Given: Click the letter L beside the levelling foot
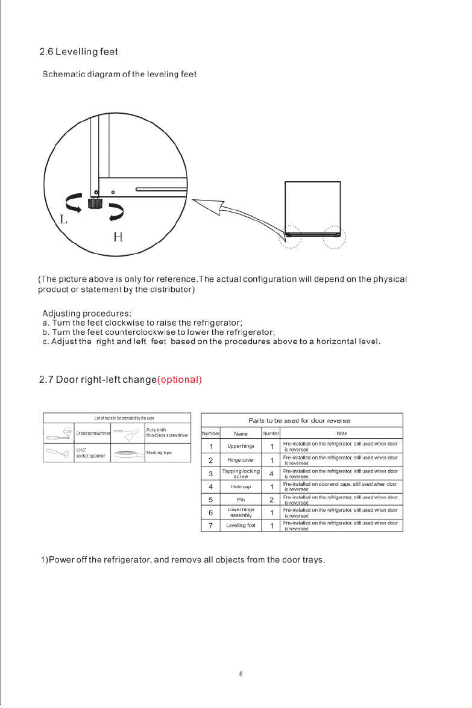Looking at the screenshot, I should pos(63,220).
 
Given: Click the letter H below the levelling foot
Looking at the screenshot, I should pos(119,237).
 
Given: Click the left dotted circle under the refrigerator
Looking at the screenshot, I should pos(289,237).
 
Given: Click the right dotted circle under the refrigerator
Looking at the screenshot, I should pos(333,237).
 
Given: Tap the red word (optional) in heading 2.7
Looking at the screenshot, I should pos(179,380).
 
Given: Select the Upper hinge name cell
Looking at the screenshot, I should pos(241,447).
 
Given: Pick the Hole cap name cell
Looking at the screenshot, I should pos(241,486).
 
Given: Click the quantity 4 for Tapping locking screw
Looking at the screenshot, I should pos(272,473).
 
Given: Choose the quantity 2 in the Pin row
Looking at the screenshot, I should pos(272,500).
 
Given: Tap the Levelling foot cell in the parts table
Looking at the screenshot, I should pos(241,526).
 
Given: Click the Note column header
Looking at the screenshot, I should pos(342,433).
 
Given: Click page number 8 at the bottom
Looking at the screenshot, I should pos(241,674).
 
